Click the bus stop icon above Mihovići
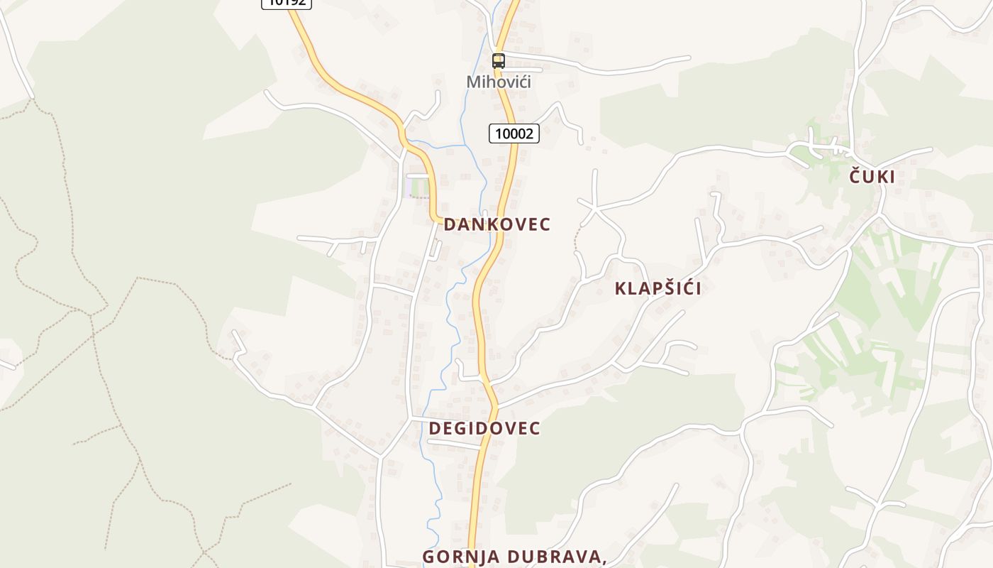[499, 61]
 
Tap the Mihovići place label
[499, 82]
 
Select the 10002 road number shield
[514, 133]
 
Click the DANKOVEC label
[497, 224]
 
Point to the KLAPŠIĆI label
[658, 288]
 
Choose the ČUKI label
[872, 177]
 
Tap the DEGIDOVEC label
[484, 428]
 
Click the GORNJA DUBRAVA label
[514, 557]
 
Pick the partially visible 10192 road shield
[287, 3]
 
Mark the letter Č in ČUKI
[856, 177]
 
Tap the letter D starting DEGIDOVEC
[435, 428]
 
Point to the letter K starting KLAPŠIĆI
[621, 288]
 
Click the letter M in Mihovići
[473, 82]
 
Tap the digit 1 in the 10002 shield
[498, 133]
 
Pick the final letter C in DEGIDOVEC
[535, 428]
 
